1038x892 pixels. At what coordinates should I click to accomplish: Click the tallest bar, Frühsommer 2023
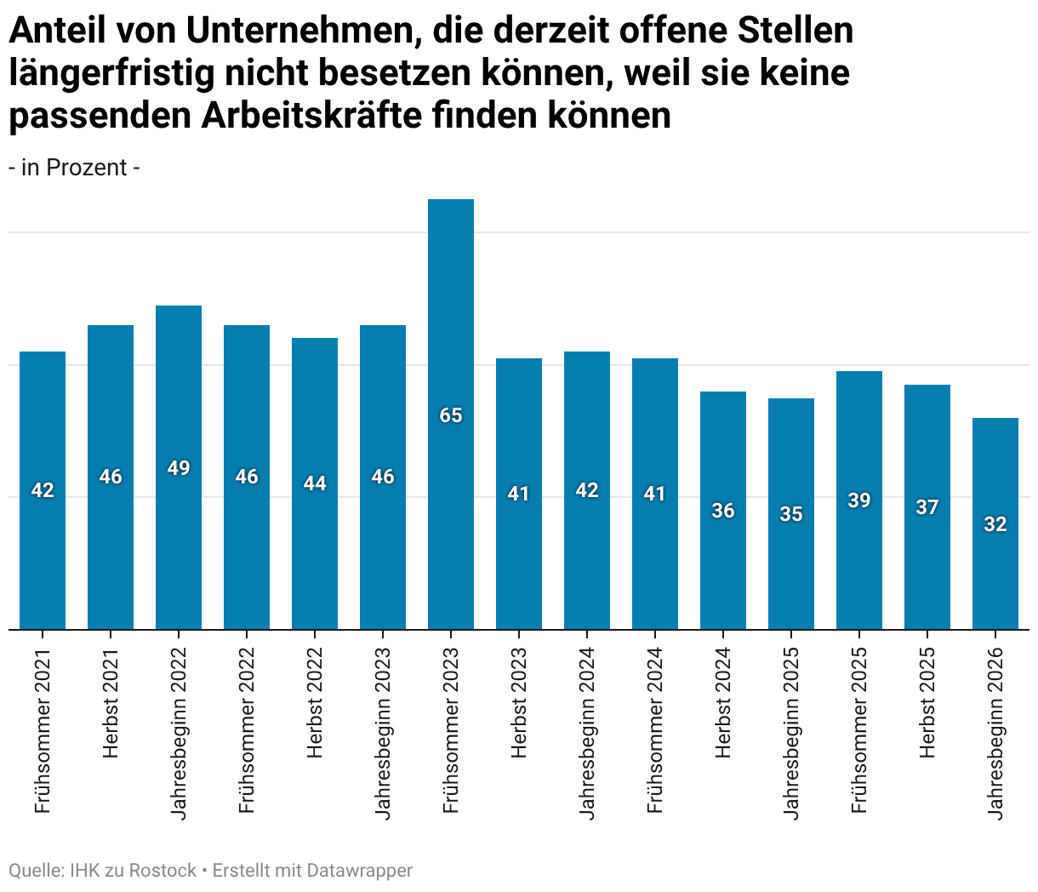point(450,415)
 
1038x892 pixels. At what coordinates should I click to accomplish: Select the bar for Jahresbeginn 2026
point(995,523)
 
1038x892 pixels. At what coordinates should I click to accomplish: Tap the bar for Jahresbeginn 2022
point(179,467)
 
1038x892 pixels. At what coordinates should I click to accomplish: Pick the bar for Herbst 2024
point(723,511)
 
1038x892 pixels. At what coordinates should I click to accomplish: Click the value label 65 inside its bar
point(450,415)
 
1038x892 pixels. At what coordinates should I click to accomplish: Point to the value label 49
point(179,468)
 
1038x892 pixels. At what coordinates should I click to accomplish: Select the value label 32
point(995,524)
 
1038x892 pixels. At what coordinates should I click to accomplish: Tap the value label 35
point(791,514)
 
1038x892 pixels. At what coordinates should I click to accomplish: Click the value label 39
point(859,500)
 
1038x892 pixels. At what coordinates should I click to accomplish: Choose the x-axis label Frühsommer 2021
point(43,730)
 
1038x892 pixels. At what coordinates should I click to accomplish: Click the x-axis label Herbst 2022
point(315,703)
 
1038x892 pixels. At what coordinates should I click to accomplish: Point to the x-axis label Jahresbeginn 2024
point(587,734)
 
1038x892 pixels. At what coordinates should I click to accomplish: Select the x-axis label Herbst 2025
point(927,703)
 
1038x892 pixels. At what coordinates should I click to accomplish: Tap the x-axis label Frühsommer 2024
point(655,730)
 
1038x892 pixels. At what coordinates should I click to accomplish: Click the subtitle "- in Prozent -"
point(74,167)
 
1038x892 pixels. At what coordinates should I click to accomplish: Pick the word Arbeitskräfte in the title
point(311,116)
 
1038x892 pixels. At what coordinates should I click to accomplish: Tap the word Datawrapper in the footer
point(359,871)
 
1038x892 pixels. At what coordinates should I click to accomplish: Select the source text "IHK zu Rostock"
point(133,871)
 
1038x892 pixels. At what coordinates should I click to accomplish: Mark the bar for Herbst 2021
point(111,477)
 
